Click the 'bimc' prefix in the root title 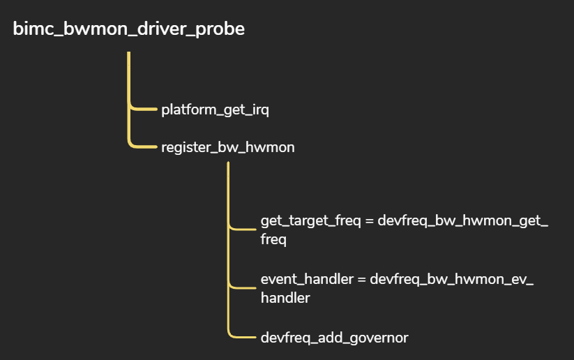point(30,29)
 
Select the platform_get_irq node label point(215,110)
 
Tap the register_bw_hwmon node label point(227,147)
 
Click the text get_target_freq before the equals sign point(310,221)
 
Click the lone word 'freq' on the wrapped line point(273,239)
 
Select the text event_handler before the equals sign point(307,279)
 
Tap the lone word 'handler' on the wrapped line point(285,298)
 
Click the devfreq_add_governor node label point(334,338)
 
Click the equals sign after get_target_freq point(371,222)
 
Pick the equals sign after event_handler point(362,280)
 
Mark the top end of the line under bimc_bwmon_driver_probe point(129,53)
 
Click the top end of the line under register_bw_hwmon point(228,165)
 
